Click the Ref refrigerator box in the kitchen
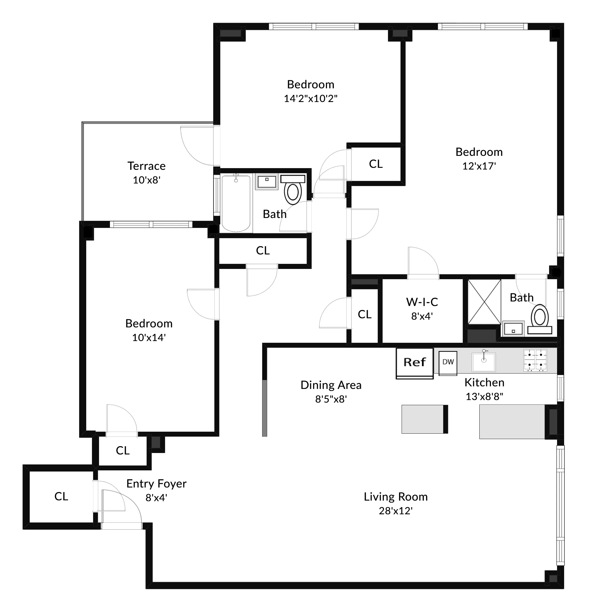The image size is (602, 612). (x=414, y=363)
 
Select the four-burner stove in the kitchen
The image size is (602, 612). (x=535, y=360)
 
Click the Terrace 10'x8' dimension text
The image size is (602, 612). (x=146, y=180)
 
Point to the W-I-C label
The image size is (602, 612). (x=422, y=302)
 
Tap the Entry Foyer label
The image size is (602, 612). (x=156, y=484)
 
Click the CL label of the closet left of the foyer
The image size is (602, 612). (x=61, y=496)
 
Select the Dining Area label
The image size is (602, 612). (x=331, y=385)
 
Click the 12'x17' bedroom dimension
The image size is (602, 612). (x=479, y=166)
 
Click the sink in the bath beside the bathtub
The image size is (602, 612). (x=266, y=181)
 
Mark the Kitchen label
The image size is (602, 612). (x=484, y=383)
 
